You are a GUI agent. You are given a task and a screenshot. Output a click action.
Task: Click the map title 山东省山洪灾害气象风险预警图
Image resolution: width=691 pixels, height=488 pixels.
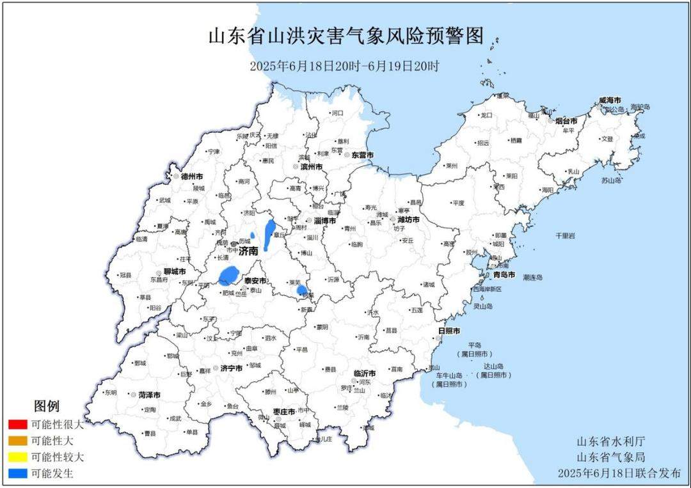(x=345, y=36)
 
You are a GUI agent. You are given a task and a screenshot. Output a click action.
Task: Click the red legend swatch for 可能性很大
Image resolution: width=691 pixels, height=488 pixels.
(x=18, y=424)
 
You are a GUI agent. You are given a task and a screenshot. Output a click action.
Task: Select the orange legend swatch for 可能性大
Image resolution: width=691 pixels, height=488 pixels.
(x=18, y=441)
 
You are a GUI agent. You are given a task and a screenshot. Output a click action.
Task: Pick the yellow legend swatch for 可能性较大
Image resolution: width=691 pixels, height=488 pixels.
(x=18, y=457)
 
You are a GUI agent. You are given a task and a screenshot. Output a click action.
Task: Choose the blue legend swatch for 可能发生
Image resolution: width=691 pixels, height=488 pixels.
(x=18, y=474)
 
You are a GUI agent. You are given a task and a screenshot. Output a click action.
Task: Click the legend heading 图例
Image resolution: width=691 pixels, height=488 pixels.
(x=46, y=406)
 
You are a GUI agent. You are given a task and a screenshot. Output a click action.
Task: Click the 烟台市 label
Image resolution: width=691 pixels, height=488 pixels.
(x=566, y=120)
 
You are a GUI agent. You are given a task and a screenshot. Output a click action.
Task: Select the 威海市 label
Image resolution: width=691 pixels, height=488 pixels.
(x=610, y=100)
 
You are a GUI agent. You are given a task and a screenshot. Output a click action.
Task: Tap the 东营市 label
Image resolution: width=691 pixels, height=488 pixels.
(x=362, y=155)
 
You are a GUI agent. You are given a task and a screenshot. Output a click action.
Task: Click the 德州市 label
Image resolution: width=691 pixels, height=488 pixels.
(x=192, y=176)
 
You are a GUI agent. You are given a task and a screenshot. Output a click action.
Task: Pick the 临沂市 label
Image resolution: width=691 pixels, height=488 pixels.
(x=365, y=373)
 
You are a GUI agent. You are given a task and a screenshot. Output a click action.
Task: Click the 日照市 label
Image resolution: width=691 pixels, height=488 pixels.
(x=449, y=331)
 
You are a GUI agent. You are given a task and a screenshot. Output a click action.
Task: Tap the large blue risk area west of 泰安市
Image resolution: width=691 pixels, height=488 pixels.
(x=228, y=276)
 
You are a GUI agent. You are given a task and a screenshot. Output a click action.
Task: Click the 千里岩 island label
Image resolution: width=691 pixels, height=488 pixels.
(x=565, y=236)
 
